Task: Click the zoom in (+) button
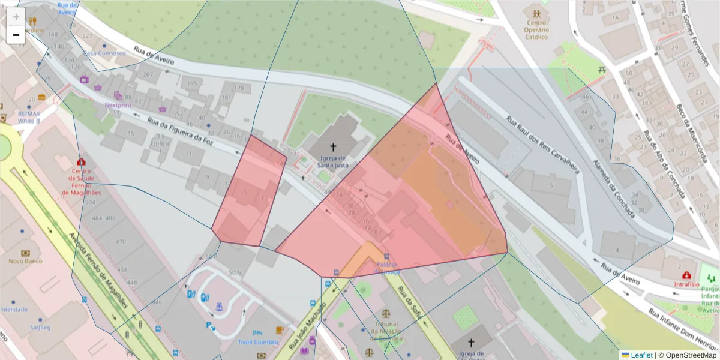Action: tap(16, 17)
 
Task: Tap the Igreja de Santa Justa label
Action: tap(333, 162)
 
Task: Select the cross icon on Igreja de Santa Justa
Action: tap(333, 146)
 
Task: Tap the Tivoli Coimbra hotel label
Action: tap(257, 342)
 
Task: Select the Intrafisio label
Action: tap(687, 284)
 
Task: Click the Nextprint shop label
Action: tap(118, 104)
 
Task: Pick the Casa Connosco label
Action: tap(104, 53)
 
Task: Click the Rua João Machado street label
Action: tap(307, 327)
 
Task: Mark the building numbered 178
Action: tap(239, 88)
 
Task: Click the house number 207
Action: tap(148, 74)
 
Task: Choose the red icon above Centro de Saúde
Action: tap(81, 161)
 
